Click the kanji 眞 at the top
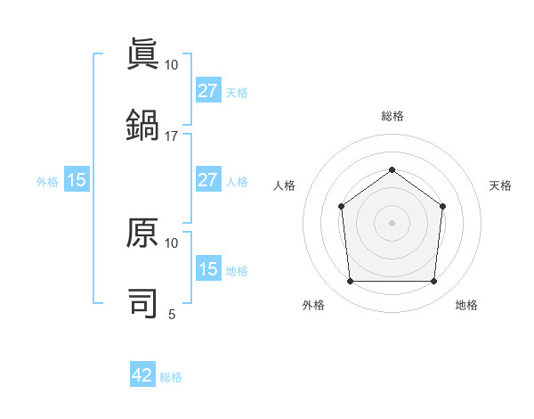pyautogui.click(x=142, y=53)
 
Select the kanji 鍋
pyautogui.click(x=142, y=124)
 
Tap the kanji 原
pyautogui.click(x=142, y=234)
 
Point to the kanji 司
pyautogui.click(x=142, y=303)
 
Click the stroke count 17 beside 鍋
pyautogui.click(x=172, y=136)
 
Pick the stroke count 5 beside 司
pyautogui.click(x=172, y=314)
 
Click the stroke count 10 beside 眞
pyautogui.click(x=172, y=64)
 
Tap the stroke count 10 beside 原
pyautogui.click(x=172, y=242)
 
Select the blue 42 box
pyautogui.click(x=142, y=375)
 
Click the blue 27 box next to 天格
pyautogui.click(x=208, y=91)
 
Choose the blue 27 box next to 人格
pyautogui.click(x=208, y=180)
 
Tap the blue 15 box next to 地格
pyautogui.click(x=208, y=269)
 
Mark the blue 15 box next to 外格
pyautogui.click(x=77, y=180)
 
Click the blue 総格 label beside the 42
pyautogui.click(x=171, y=376)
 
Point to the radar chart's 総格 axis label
pyautogui.click(x=392, y=116)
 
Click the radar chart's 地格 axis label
pyautogui.click(x=466, y=305)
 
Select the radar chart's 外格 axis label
pyautogui.click(x=313, y=305)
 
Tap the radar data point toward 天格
pyautogui.click(x=442, y=206)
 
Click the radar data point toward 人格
pyautogui.click(x=342, y=207)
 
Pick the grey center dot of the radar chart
pyautogui.click(x=392, y=223)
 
